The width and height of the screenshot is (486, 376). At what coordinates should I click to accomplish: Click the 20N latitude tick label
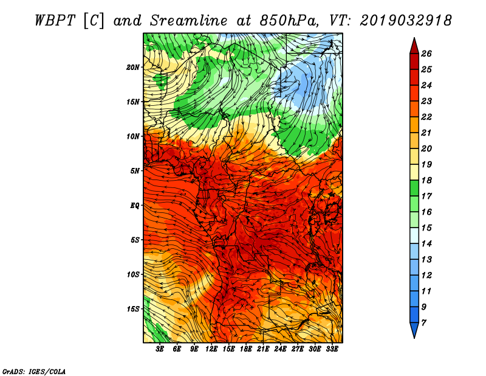(x=133, y=68)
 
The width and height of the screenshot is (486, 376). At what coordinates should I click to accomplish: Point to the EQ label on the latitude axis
(x=135, y=206)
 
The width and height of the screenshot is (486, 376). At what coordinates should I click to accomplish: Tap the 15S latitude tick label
(x=133, y=309)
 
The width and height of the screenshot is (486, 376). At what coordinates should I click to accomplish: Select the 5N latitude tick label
(x=135, y=171)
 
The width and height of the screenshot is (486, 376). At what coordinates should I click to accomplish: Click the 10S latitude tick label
(x=133, y=274)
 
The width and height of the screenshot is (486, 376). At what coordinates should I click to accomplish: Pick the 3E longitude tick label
(x=160, y=349)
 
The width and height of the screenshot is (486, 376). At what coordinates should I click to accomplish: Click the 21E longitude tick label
(x=263, y=349)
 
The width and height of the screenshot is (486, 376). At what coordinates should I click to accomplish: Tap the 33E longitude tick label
(x=332, y=349)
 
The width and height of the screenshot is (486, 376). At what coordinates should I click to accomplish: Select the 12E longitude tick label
(x=211, y=349)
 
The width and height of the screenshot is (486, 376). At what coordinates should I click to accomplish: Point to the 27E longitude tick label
(x=298, y=349)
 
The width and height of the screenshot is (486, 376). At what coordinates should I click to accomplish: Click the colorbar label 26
(x=426, y=54)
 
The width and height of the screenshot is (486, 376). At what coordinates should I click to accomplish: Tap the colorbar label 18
(x=426, y=180)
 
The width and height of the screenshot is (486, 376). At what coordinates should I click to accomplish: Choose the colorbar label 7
(x=423, y=323)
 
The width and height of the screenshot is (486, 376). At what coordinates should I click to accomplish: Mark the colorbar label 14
(x=426, y=244)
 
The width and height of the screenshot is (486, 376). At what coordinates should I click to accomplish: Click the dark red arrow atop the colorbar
(x=414, y=46)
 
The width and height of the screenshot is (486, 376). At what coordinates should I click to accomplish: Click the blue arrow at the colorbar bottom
(x=414, y=330)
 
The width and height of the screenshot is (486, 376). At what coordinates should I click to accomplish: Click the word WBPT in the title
(x=55, y=21)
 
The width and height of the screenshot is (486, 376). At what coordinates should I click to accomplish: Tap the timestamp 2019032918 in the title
(x=405, y=21)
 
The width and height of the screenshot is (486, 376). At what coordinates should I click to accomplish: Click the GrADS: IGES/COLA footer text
(x=34, y=371)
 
